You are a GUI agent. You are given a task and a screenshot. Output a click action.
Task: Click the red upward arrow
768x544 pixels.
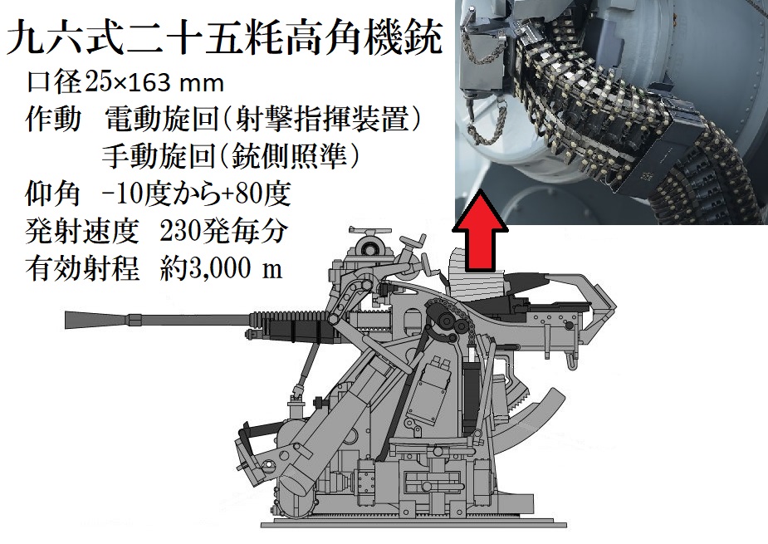click(x=479, y=233)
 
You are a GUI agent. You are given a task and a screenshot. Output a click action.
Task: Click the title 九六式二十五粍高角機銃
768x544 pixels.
click(x=225, y=38)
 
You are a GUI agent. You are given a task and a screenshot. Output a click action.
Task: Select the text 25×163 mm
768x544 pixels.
click(x=154, y=83)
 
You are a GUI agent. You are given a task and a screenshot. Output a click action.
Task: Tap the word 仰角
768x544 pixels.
click(x=52, y=194)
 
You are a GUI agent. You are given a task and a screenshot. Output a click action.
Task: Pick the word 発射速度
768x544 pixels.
click(x=82, y=231)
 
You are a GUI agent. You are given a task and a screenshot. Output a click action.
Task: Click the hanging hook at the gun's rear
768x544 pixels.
click(x=571, y=360)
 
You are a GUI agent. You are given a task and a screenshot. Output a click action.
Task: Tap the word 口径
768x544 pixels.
click(x=53, y=83)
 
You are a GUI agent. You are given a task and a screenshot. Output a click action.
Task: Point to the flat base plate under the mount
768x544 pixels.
click(x=413, y=524)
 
